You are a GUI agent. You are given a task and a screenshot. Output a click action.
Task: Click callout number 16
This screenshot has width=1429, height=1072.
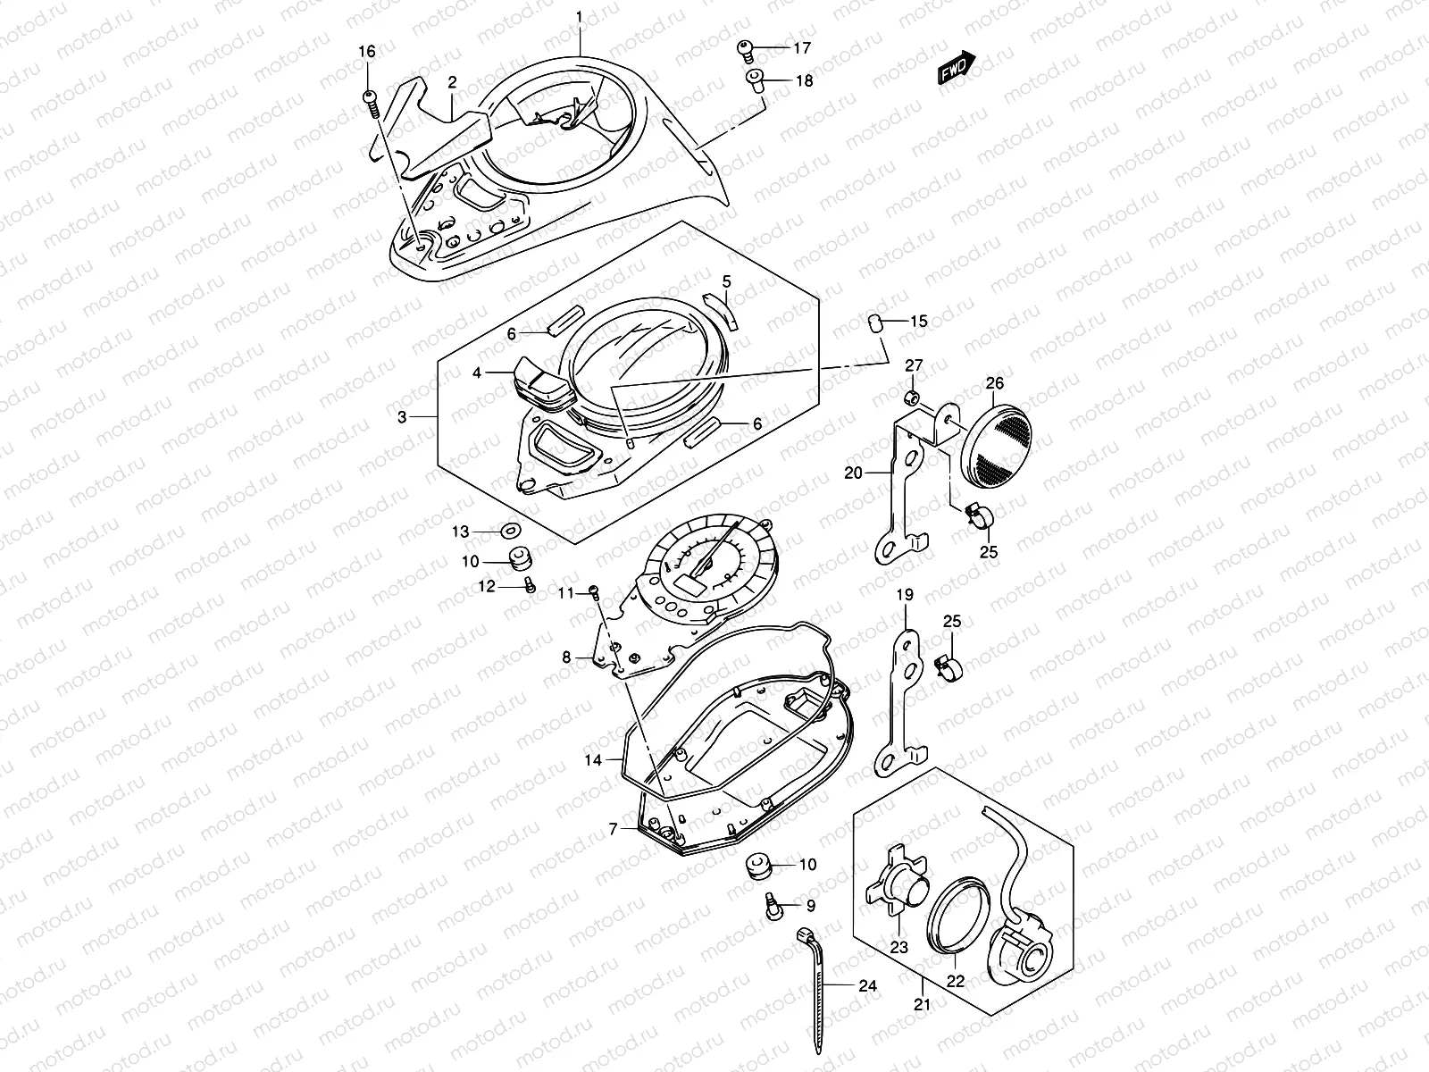(x=367, y=52)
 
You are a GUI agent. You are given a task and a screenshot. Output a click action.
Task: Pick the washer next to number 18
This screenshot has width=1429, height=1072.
(x=754, y=80)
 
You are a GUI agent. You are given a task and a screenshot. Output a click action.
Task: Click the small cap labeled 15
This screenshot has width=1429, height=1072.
(x=876, y=322)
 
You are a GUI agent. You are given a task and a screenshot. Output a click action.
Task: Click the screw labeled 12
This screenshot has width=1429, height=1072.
(x=529, y=585)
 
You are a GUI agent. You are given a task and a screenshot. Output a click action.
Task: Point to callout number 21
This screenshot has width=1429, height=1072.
(x=922, y=1005)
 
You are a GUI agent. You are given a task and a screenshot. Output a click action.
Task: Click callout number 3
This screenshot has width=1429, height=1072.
(x=402, y=417)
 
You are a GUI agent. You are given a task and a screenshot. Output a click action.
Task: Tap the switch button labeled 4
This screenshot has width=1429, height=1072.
(x=543, y=381)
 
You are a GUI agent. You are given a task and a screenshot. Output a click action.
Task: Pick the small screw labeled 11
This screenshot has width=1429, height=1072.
(x=591, y=590)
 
